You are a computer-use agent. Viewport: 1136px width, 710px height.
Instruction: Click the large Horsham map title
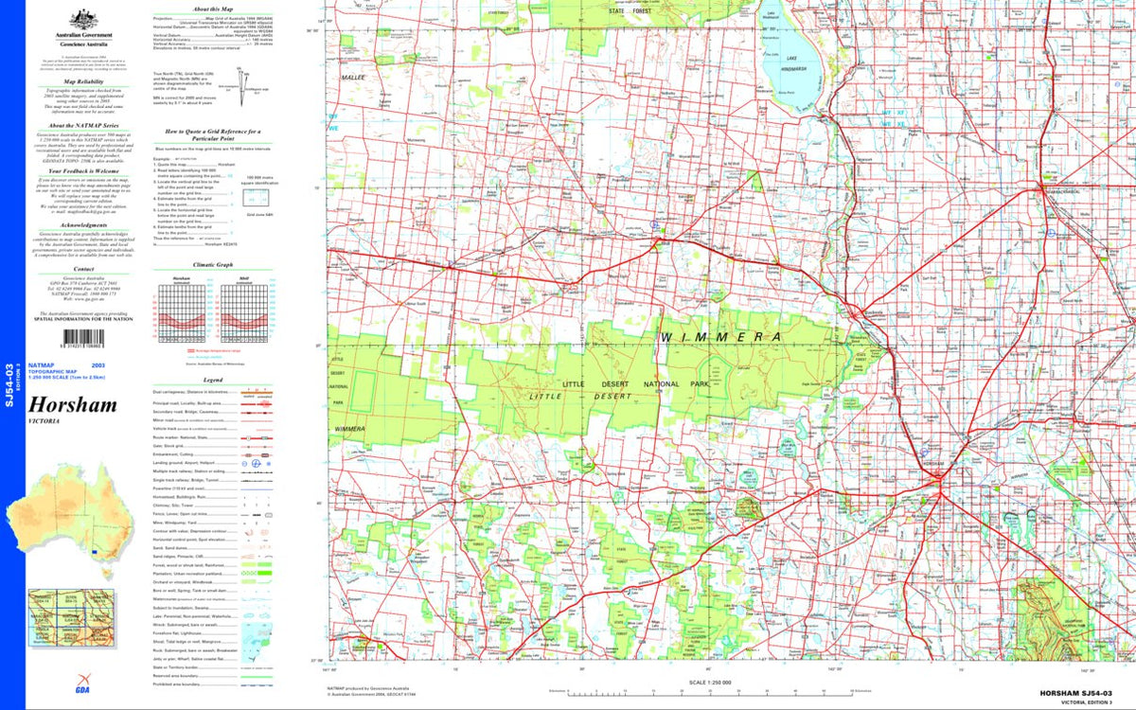tap(73, 405)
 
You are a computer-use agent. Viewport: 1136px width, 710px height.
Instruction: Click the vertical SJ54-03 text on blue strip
tap(9, 379)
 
